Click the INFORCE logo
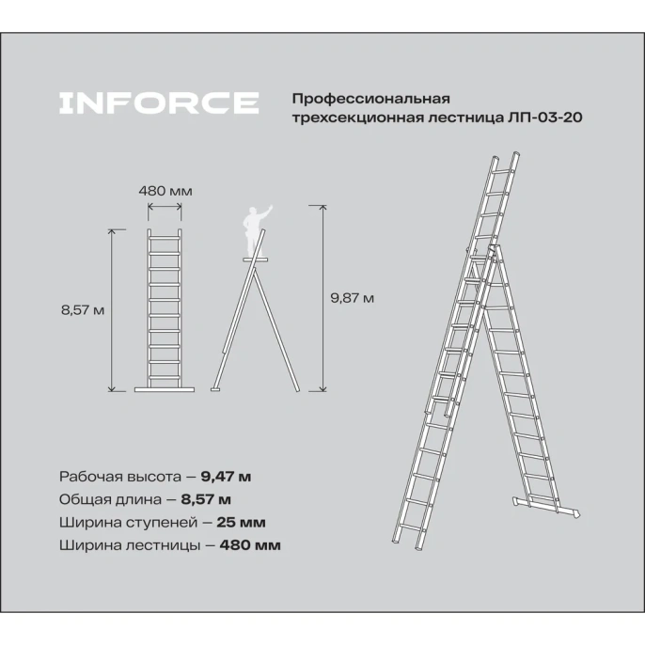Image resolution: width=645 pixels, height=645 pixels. pyautogui.click(x=158, y=102)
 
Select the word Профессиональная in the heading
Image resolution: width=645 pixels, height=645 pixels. pyautogui.click(x=372, y=98)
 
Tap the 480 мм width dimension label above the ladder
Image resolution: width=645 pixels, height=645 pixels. pyautogui.click(x=165, y=191)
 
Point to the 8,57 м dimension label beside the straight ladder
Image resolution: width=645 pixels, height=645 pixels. pyautogui.click(x=81, y=310)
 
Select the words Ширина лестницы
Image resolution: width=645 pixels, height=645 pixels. pyautogui.click(x=117, y=544)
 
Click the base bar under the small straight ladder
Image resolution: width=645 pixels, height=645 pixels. pyautogui.click(x=165, y=388)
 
